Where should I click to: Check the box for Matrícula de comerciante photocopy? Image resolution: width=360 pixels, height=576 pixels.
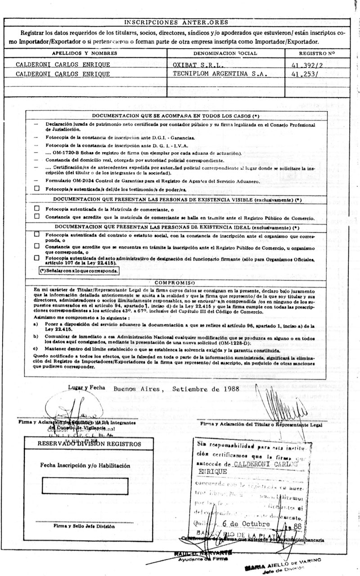click(37, 208)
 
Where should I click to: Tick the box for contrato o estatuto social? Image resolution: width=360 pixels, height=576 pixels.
click(37, 234)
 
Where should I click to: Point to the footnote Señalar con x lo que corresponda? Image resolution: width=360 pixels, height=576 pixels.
click(79, 272)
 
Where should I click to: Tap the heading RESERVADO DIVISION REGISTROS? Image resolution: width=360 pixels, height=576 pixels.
click(85, 444)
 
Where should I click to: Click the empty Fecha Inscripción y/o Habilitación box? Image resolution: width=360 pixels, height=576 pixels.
click(84, 487)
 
